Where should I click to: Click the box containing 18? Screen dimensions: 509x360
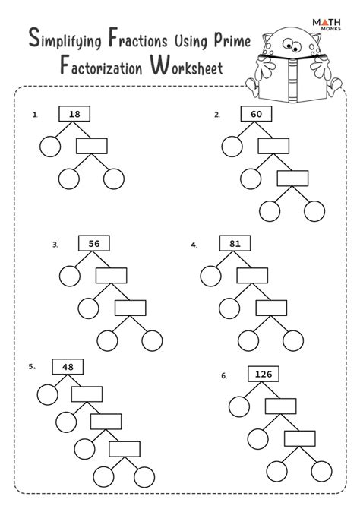click(x=74, y=114)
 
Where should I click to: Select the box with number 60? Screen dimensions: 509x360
click(x=256, y=115)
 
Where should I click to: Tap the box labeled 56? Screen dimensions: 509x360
click(x=94, y=243)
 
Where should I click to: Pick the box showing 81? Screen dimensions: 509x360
click(x=235, y=243)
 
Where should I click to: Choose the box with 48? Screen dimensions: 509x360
click(x=67, y=366)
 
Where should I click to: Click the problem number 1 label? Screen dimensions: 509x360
click(x=35, y=115)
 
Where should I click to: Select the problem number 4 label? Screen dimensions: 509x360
click(x=194, y=245)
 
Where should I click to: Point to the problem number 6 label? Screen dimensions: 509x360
click(x=224, y=375)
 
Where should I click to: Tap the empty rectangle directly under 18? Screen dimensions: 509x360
click(x=92, y=145)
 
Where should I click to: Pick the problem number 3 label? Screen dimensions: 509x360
click(x=55, y=245)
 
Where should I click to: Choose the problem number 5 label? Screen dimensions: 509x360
click(x=33, y=366)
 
